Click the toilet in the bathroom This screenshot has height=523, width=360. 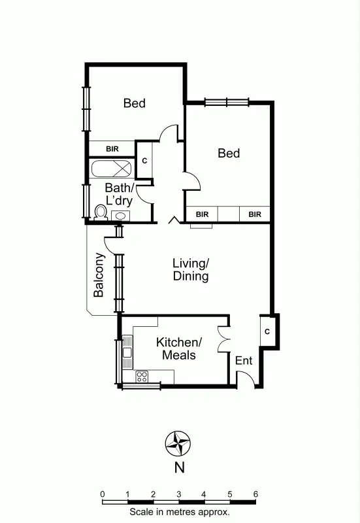pos(101,212)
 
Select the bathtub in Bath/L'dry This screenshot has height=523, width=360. pos(111,169)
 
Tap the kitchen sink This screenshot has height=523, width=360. pos(127,352)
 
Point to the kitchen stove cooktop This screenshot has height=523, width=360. pos(142,376)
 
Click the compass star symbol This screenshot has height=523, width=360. pos(178,445)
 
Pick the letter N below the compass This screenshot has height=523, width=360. pos(178,467)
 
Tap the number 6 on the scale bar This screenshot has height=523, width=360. pos(255,494)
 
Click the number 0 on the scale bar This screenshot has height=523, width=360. pos(103,494)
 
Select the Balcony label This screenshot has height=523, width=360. pos(99,275)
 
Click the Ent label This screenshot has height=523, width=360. pos(244,360)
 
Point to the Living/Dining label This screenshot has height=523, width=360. pos(191,270)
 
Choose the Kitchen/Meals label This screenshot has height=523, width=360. pos(179,349)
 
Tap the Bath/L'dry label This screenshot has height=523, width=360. pos(120,195)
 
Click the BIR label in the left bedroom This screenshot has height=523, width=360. pos(112,149)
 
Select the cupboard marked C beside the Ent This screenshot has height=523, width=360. pos(267,331)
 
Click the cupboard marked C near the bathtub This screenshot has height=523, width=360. pos(144,160)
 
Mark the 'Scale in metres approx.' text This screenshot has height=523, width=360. pos(179,513)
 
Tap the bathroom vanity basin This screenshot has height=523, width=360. pos(121,215)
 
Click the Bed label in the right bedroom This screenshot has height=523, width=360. pos(229,153)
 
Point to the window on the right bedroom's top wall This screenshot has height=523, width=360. pos(226,101)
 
